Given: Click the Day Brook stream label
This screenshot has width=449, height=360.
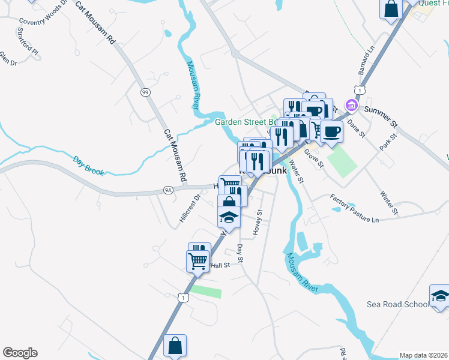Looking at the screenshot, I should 89,166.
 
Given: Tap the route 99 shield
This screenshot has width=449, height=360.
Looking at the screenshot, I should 145,92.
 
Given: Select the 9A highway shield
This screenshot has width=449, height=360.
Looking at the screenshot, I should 168,190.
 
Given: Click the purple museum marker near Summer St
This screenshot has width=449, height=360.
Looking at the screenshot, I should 351,106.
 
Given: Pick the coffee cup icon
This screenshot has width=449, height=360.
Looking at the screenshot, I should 331,131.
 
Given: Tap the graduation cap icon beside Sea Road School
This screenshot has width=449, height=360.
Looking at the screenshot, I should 439,296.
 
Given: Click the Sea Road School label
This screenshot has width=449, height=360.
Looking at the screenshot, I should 397,304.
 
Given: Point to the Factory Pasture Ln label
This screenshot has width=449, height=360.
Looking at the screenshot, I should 355,208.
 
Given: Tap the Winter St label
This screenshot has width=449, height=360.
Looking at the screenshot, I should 389,202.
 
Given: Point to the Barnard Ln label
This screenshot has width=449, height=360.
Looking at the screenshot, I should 366,61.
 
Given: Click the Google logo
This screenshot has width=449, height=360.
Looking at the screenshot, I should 20,353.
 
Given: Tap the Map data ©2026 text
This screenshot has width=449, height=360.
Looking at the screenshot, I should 423,355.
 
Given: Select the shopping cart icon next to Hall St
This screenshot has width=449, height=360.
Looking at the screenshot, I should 197,262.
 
